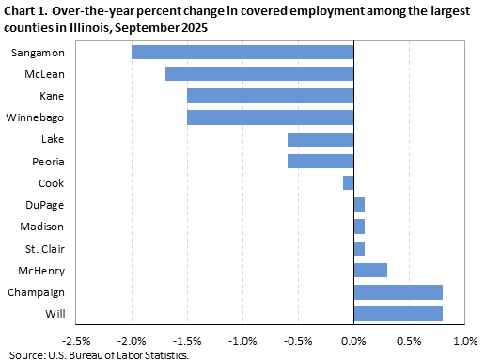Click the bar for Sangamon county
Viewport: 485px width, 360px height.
pyautogui.click(x=242, y=52)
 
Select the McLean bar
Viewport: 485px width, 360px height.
pyautogui.click(x=259, y=73)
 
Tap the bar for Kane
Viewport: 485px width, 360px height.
pyautogui.click(x=271, y=95)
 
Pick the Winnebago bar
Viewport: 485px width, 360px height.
pyautogui.click(x=271, y=117)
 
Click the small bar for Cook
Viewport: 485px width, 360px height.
pyautogui.click(x=349, y=182)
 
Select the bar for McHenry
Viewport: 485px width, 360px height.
pyautogui.click(x=370, y=270)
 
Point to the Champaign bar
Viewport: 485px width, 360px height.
pyautogui.click(x=399, y=291)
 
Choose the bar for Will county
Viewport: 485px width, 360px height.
pyautogui.click(x=399, y=313)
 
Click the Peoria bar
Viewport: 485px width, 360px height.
pyautogui.click(x=321, y=161)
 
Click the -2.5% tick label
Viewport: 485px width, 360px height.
pyautogui.click(x=76, y=340)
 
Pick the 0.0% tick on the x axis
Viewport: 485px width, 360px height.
pyautogui.click(x=353, y=340)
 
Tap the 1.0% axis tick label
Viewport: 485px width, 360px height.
pyautogui.click(x=465, y=340)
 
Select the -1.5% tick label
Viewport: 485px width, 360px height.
pyautogui.click(x=187, y=340)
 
